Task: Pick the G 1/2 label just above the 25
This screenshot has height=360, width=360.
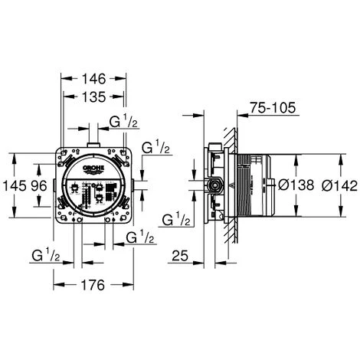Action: [x=177, y=220]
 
